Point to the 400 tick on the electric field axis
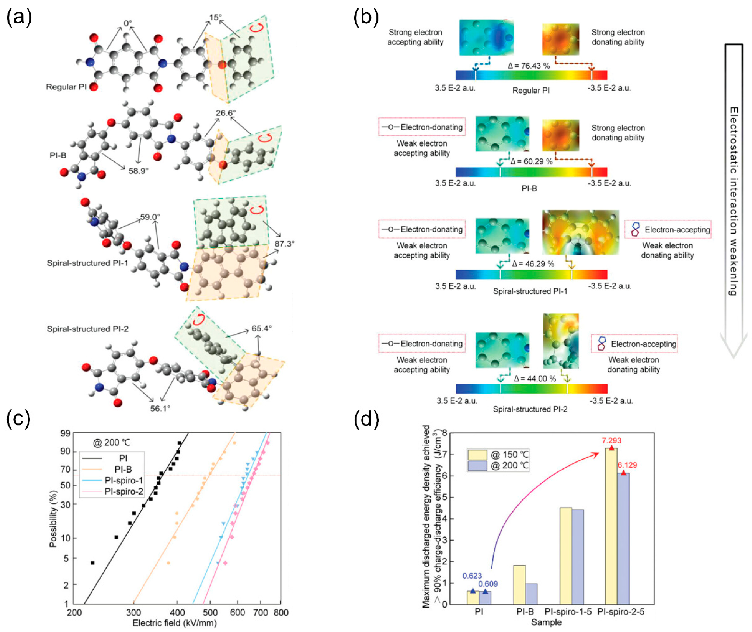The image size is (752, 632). (177, 612)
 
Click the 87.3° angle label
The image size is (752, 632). (285, 244)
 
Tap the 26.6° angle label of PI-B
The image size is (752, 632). (226, 113)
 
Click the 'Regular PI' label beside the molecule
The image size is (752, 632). (66, 87)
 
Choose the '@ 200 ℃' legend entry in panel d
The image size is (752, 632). (509, 465)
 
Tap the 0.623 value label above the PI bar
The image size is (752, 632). (472, 576)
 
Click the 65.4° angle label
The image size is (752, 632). (261, 328)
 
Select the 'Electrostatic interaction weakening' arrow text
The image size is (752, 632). (733, 201)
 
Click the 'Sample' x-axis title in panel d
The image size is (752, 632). (546, 622)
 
